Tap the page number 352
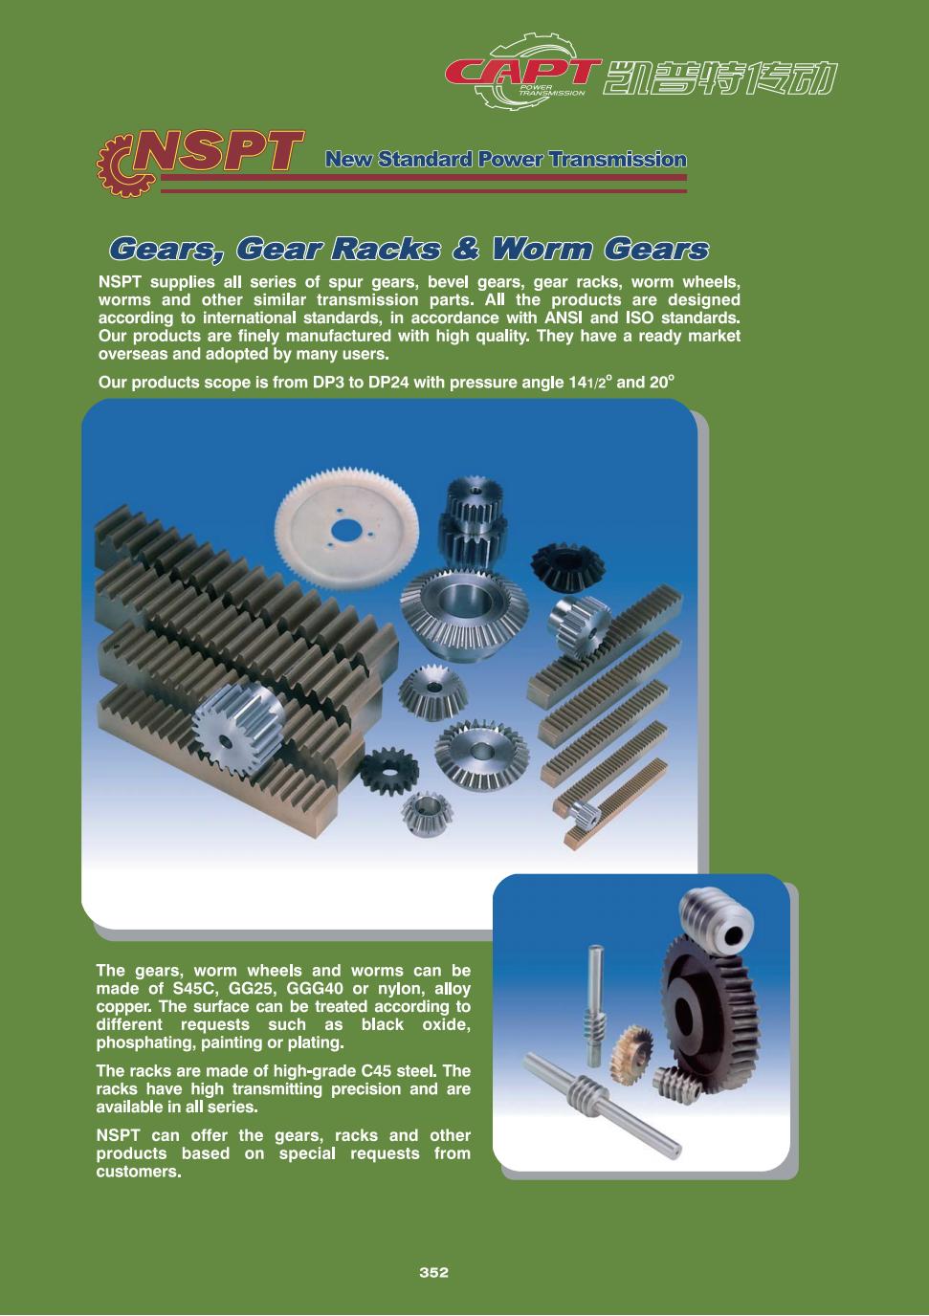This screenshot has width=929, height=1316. point(433,1272)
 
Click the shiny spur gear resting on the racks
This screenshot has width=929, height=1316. point(239,725)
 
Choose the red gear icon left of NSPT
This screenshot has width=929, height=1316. point(118,165)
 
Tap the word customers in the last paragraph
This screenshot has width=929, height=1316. point(136,1173)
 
